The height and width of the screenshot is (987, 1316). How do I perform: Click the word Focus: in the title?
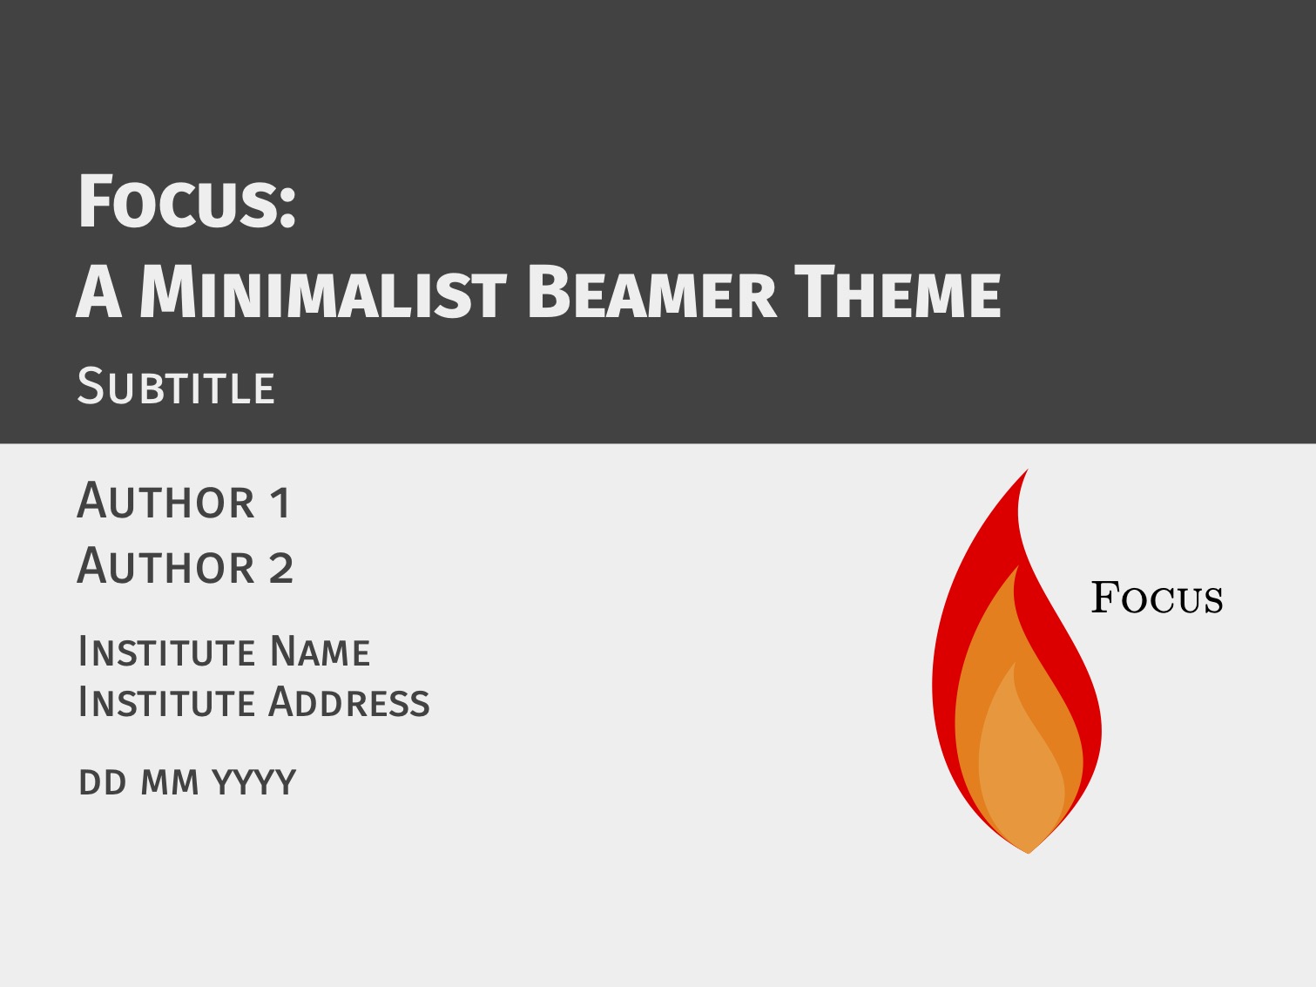pyautogui.click(x=187, y=201)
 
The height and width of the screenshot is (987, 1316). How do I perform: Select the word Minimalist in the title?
pyautogui.click(x=322, y=292)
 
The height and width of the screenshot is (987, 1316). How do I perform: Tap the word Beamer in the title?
pyautogui.click(x=651, y=292)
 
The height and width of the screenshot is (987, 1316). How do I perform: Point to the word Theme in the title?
pyautogui.click(x=898, y=292)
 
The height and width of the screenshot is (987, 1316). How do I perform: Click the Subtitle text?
pyautogui.click(x=176, y=387)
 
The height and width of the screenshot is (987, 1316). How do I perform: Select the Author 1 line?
pyautogui.click(x=184, y=500)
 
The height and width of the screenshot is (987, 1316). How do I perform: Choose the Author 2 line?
pyautogui.click(x=186, y=565)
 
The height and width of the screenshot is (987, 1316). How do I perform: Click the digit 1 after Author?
pyautogui.click(x=280, y=502)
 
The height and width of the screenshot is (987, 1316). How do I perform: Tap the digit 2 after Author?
pyautogui.click(x=281, y=567)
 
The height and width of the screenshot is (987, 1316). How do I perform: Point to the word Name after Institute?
pyautogui.click(x=320, y=652)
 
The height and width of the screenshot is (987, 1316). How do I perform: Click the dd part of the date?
pyautogui.click(x=103, y=782)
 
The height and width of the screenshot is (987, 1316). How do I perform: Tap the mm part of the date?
pyautogui.click(x=170, y=783)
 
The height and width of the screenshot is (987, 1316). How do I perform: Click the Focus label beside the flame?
pyautogui.click(x=1157, y=598)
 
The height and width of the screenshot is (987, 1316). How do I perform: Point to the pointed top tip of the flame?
pyautogui.click(x=1028, y=470)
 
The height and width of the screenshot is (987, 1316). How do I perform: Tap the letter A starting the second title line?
pyautogui.click(x=99, y=292)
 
